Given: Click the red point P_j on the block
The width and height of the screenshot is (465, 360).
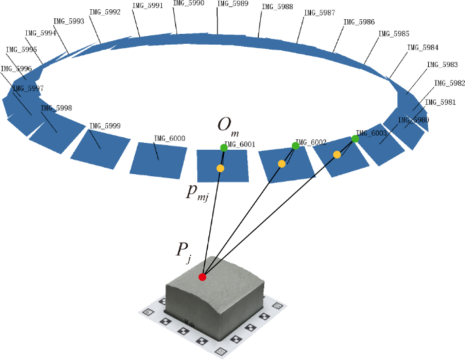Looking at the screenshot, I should click(202, 276).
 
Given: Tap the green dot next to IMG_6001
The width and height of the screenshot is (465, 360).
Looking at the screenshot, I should click(224, 147).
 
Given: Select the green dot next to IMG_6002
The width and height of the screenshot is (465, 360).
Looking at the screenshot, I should click(295, 146).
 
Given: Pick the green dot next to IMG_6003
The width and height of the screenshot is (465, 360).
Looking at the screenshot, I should click(355, 139).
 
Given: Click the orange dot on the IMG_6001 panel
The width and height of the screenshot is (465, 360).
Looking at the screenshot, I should click(220, 168).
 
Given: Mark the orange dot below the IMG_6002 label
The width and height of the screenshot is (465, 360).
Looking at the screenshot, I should click(282, 164).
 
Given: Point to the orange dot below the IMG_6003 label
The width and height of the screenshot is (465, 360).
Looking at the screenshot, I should click(337, 155).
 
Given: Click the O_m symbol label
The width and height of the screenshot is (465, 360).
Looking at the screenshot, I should click(227, 126).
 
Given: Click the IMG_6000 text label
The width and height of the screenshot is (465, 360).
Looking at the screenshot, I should click(170, 139).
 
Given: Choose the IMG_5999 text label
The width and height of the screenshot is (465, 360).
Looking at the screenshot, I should click(105, 126).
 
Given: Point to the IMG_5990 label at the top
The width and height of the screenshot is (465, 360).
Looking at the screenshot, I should click(188, 4).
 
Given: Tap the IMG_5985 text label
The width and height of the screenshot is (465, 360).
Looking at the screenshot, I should click(393, 33).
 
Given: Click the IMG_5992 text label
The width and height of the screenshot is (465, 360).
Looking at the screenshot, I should click(105, 12).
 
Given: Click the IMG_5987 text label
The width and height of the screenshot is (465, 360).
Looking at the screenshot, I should click(319, 13).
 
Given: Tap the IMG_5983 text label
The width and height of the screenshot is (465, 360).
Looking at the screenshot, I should click(441, 65).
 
